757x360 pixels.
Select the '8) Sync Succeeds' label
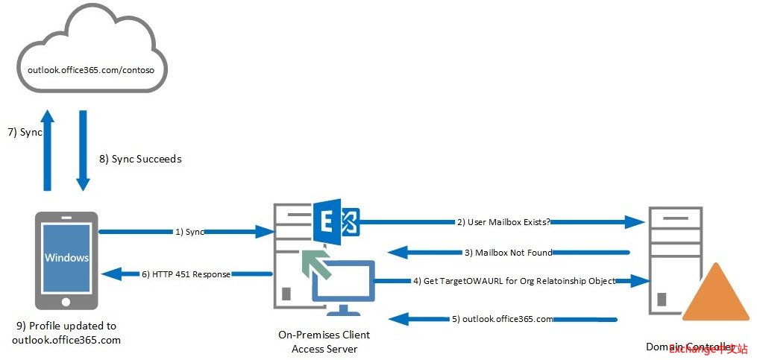pyautogui.click(x=140, y=159)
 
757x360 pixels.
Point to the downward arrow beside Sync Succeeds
pyautogui.click(x=82, y=149)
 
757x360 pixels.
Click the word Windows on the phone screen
pyautogui.click(x=66, y=258)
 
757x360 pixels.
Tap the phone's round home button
pyautogui.click(x=66, y=303)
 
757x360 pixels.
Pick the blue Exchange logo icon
pyautogui.click(x=336, y=221)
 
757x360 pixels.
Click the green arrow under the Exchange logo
pyautogui.click(x=314, y=263)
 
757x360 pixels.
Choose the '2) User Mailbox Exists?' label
pyautogui.click(x=503, y=221)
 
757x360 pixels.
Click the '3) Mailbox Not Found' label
pyautogui.click(x=508, y=253)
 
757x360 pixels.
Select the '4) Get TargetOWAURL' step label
pyautogui.click(x=514, y=281)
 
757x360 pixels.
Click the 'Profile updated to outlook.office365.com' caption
pyautogui.click(x=66, y=333)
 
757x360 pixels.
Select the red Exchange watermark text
pyautogui.click(x=708, y=349)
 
